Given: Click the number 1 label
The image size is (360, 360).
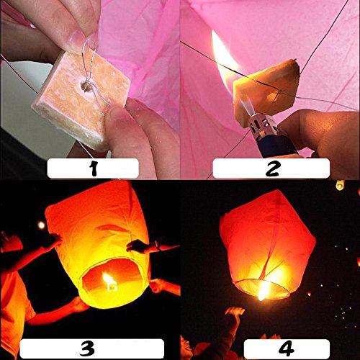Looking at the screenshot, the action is point(94,168).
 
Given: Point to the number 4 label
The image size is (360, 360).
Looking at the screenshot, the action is point(287,348).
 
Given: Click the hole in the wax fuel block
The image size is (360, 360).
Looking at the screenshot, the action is point(86,86).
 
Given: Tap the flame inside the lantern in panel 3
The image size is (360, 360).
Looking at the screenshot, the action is point(109,282).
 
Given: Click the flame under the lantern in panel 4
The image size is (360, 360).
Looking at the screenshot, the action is point(264,291).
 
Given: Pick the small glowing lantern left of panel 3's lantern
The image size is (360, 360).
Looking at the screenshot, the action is point(41,225).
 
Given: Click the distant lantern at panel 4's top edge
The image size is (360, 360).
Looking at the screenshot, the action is point(340,185).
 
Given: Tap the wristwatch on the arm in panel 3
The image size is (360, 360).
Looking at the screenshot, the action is point(158,246).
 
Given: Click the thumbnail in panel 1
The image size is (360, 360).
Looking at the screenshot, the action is point(77,40).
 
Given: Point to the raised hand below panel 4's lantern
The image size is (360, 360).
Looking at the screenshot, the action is point(235,311).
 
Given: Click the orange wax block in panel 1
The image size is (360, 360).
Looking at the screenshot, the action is point(81,99).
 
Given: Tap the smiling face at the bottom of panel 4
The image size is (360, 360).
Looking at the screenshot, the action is point(186,348).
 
